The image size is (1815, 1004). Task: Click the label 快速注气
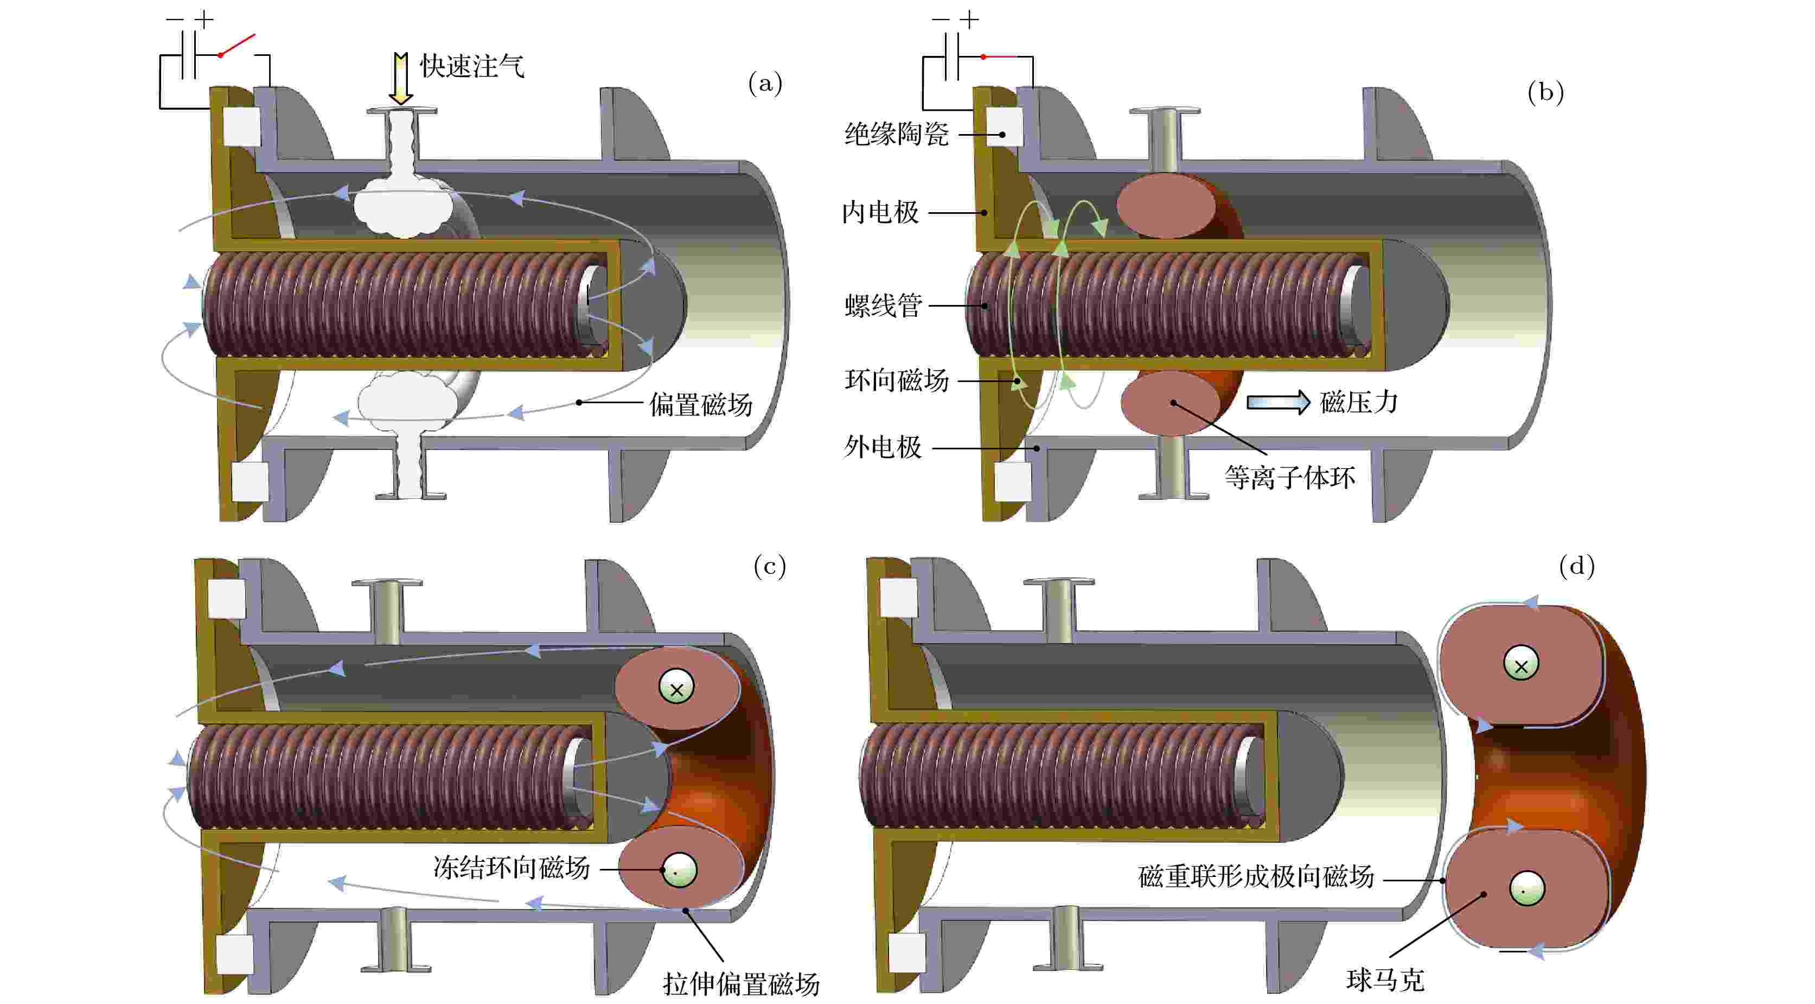(x=472, y=66)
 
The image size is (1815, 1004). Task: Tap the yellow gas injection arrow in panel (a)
(x=401, y=78)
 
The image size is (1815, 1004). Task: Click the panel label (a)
(x=765, y=84)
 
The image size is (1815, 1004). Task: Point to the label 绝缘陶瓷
(x=896, y=134)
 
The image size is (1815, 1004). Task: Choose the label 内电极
(x=881, y=212)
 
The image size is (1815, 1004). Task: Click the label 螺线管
(x=883, y=306)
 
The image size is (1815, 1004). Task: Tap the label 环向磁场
(x=896, y=381)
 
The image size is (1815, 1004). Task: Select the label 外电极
(x=883, y=447)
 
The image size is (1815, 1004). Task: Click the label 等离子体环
(x=1289, y=478)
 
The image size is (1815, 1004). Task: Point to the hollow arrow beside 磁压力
(x=1278, y=403)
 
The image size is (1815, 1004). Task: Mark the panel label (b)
(x=1545, y=92)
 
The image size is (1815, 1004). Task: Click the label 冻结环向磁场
(x=512, y=868)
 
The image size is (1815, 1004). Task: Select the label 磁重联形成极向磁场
(x=1256, y=877)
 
